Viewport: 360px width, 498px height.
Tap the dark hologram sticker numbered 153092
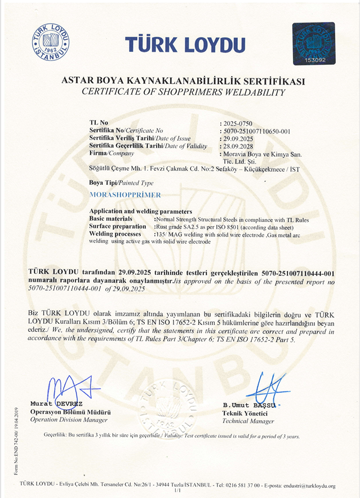tap(314, 43)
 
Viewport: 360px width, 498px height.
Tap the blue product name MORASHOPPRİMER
tap(125, 195)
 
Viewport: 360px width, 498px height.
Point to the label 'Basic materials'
tap(111, 219)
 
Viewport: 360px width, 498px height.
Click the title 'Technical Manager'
tap(248, 421)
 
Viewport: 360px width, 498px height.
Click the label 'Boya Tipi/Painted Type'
tap(121, 183)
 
